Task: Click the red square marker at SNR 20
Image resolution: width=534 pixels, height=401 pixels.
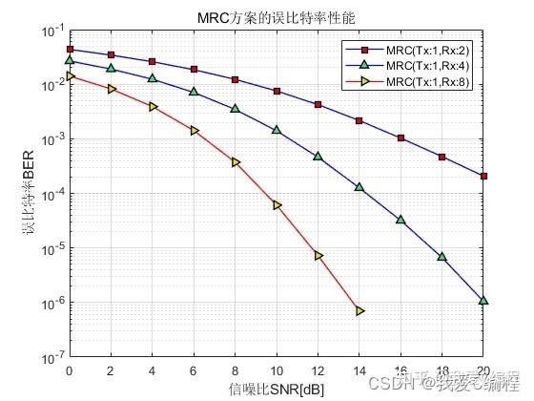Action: (x=484, y=176)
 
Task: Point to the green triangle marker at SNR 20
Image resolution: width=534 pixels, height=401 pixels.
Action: (x=484, y=301)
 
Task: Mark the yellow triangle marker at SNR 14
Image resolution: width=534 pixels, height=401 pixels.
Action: (x=359, y=310)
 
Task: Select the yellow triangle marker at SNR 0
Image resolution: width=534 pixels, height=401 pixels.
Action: (x=70, y=75)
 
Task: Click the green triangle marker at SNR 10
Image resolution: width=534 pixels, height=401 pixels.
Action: (x=277, y=129)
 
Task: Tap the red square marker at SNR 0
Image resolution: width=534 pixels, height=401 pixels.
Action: (x=70, y=49)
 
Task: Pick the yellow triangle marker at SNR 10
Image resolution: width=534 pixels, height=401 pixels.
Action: (x=277, y=204)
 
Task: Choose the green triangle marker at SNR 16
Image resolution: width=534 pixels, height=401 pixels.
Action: (x=401, y=220)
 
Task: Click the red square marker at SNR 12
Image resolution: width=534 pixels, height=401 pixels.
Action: (x=318, y=104)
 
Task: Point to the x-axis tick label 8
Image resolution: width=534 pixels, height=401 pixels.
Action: (x=236, y=370)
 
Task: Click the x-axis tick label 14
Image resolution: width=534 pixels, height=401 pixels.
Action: (x=359, y=370)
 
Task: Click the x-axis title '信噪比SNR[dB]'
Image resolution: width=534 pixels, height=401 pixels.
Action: (x=277, y=388)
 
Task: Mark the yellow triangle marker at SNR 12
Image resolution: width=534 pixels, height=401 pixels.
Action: (x=318, y=256)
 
